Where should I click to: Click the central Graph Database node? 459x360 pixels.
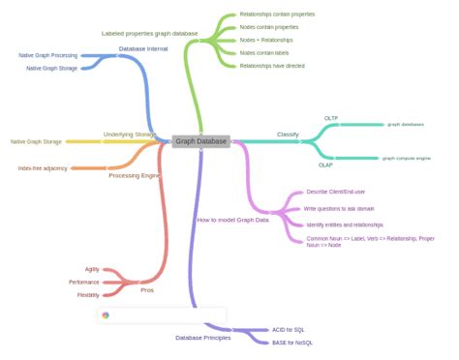201,141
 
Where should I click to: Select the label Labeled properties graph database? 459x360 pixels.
149,33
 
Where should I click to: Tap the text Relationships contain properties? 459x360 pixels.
277,15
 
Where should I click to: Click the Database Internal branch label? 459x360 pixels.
143,47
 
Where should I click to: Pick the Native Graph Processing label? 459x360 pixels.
48,55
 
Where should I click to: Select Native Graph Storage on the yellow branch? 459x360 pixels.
36,141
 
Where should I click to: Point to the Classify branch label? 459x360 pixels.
288,134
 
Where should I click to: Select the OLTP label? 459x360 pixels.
330,117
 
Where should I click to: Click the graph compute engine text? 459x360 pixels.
407,158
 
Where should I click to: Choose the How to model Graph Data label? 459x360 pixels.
232,220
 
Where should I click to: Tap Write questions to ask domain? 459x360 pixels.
340,208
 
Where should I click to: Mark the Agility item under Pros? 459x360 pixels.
91,268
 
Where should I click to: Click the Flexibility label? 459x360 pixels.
88,294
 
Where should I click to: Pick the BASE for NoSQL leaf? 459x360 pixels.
292,343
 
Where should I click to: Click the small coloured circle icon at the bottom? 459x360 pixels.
106,315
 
